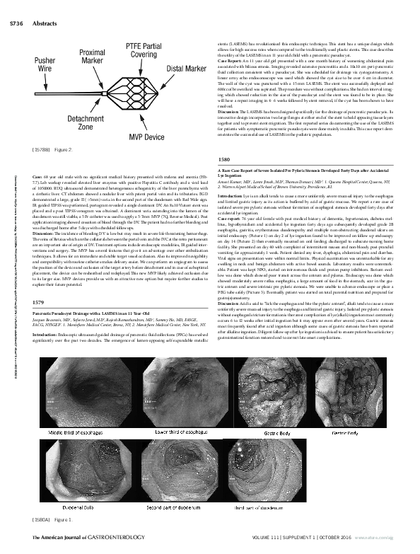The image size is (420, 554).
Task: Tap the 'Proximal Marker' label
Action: pos(93,57)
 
